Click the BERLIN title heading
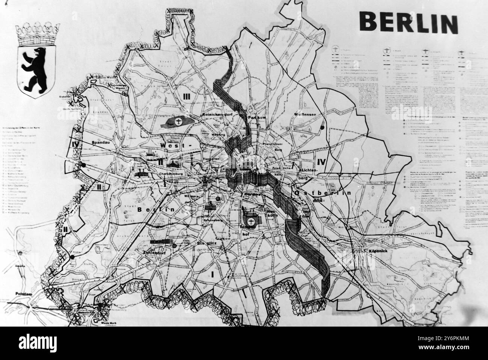(x=408, y=23)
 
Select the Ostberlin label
(x=322, y=193)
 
